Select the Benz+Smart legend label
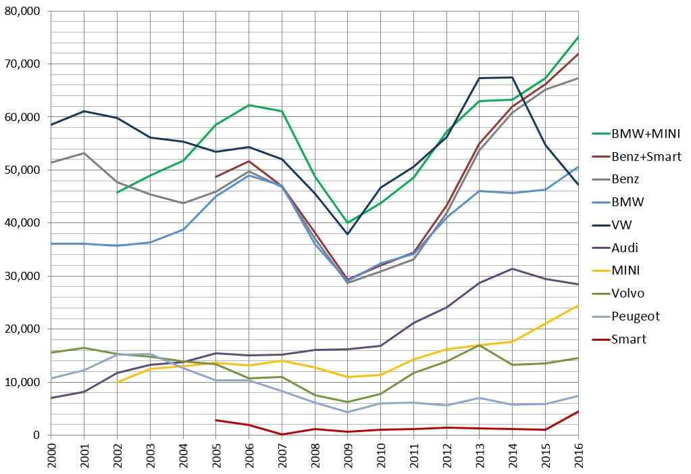coord(646,157)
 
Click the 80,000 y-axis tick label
coord(22,11)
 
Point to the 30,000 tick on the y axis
coord(22,276)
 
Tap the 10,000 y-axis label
coord(22,382)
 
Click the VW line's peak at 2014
coord(512,77)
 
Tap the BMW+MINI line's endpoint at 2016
coord(578,37)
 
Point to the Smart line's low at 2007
coord(282,434)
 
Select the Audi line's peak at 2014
coord(512,268)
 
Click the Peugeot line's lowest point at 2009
coord(347,412)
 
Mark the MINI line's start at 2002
coord(117,382)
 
